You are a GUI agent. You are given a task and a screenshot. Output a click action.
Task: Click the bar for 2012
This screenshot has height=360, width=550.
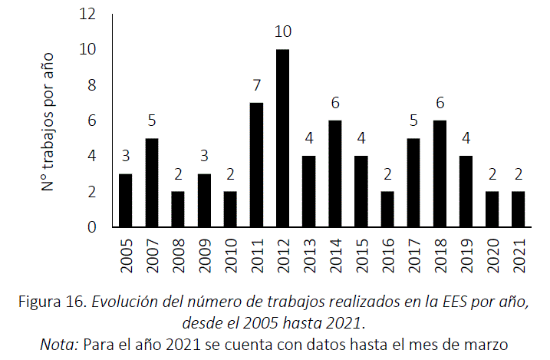coord(282,138)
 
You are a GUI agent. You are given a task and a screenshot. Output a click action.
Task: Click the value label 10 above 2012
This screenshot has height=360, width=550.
coord(282,32)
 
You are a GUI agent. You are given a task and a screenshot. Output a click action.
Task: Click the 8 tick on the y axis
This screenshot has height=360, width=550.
coord(92,85)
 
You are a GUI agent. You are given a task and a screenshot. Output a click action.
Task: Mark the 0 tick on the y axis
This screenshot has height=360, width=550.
coord(92,227)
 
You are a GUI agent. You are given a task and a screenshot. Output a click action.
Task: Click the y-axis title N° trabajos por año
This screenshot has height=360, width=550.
coord(48,121)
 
